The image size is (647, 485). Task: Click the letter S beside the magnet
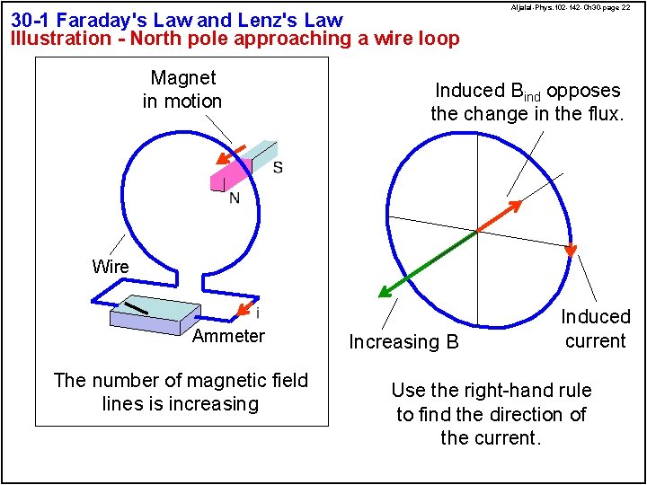(x=278, y=167)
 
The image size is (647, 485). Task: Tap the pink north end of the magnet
(x=226, y=174)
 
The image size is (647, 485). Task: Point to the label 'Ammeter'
(x=228, y=337)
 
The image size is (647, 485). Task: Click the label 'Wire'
(x=110, y=267)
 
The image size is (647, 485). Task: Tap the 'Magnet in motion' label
(x=182, y=90)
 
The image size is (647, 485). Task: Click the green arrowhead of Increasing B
(x=385, y=291)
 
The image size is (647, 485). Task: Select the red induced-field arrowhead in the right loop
(x=515, y=206)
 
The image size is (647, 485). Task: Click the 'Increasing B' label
(x=403, y=342)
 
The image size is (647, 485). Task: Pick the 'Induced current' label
(x=595, y=329)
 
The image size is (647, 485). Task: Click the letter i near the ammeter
(x=258, y=314)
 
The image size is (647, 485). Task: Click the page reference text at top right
(x=570, y=7)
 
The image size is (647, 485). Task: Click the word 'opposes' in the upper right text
(x=583, y=91)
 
